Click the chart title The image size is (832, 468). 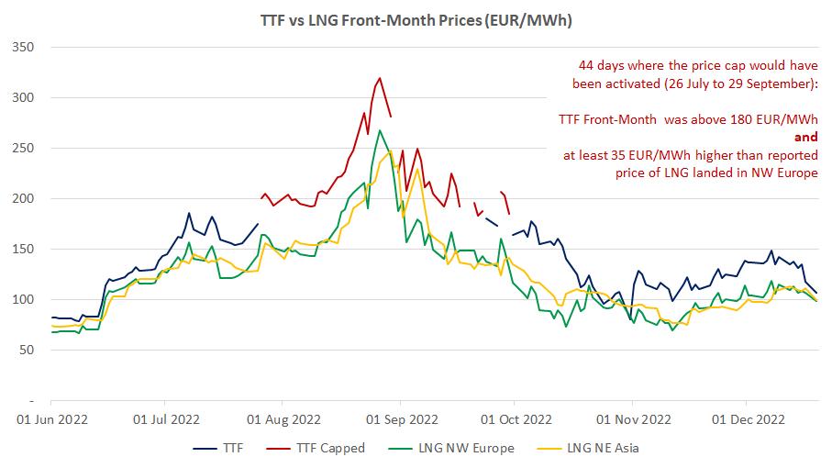[416, 18]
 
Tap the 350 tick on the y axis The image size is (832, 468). [23, 47]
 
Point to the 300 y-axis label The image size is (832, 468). [23, 97]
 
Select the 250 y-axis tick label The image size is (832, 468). [23, 148]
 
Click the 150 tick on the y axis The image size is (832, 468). [23, 249]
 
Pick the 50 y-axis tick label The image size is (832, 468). [27, 350]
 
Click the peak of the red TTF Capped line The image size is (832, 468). [379, 78]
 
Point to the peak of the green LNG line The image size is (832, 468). [380, 130]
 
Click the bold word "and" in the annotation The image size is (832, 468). [804, 137]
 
